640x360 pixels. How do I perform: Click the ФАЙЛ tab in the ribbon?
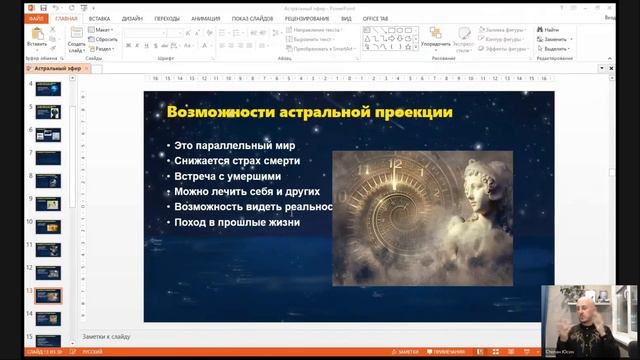pos(36,18)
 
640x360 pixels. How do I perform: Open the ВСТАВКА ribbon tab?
pos(99,18)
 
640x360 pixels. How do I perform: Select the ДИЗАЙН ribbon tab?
pos(132,18)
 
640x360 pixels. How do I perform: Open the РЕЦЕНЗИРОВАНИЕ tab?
pos(307,18)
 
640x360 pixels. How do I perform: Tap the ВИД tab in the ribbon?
pos(345,18)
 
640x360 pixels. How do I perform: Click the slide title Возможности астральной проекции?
pos(309,112)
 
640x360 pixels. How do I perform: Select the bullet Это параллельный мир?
pos(234,146)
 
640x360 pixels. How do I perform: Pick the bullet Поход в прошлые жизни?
pos(237,222)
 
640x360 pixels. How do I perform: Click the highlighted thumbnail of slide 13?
pos(48,296)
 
